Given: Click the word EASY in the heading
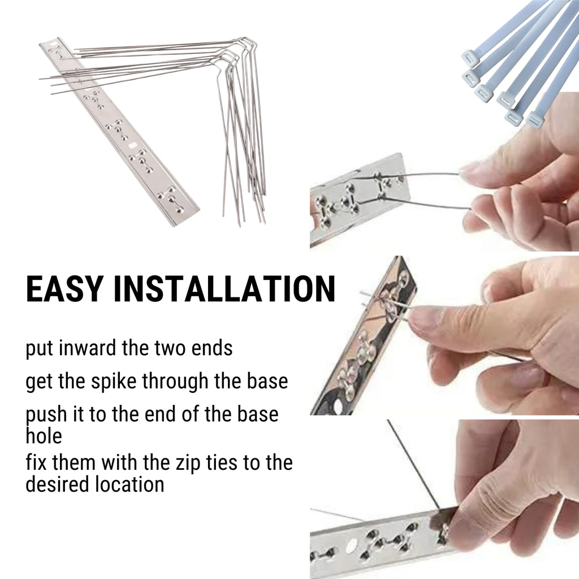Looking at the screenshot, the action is (64, 288).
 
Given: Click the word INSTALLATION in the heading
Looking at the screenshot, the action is (224, 288).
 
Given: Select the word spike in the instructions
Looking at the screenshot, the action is (114, 382).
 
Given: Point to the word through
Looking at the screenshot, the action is (175, 382).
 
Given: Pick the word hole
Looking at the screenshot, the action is (44, 436).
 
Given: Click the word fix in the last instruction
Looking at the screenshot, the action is (36, 463).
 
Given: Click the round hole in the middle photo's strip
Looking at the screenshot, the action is (338, 405).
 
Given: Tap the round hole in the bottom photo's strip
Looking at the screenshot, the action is (351, 544).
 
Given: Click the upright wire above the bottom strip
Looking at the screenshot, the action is (413, 465).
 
